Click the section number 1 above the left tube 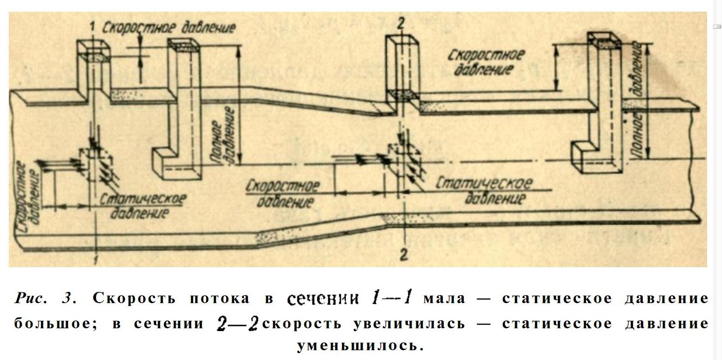tap(92, 28)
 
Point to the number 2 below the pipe tap(404, 255)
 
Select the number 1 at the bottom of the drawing tap(96, 259)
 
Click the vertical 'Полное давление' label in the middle tap(223, 135)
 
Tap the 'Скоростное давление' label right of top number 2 tap(485, 62)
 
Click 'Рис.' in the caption tap(31, 298)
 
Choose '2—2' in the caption tap(237, 323)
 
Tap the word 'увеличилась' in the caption tap(409, 323)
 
